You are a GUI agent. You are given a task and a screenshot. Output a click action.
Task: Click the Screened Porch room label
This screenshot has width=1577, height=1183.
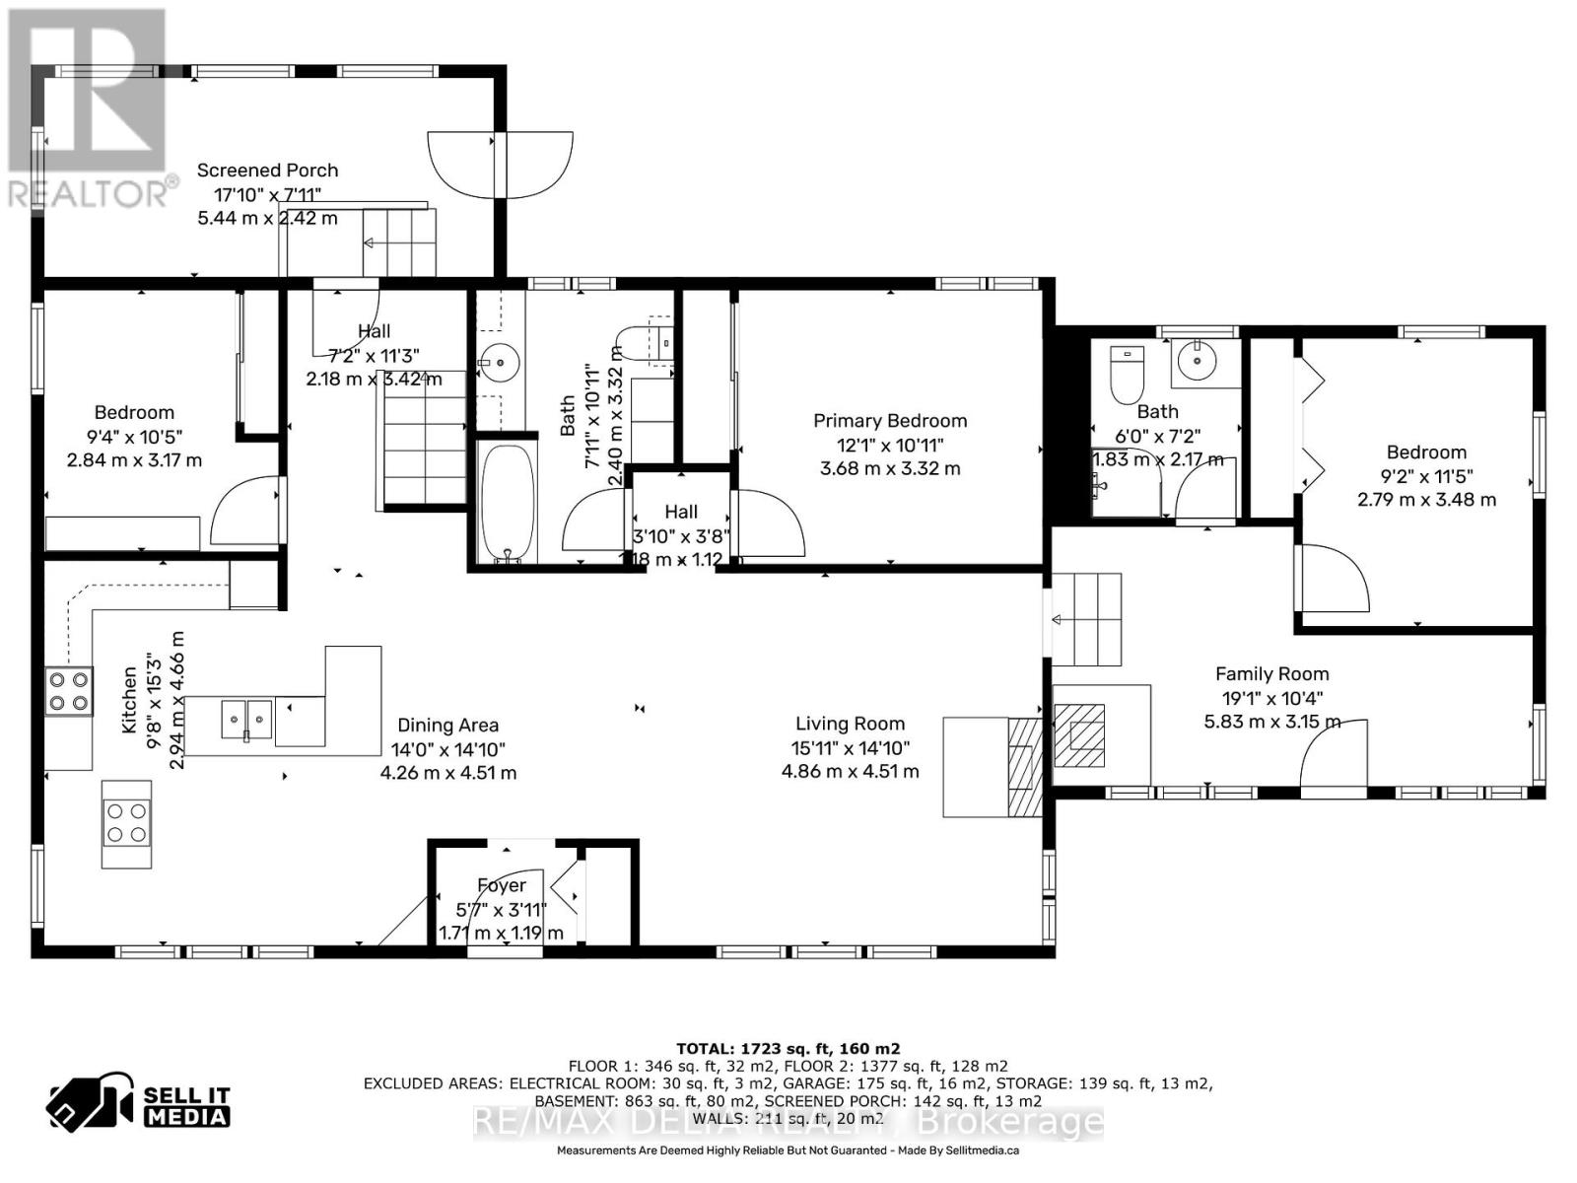click(267, 171)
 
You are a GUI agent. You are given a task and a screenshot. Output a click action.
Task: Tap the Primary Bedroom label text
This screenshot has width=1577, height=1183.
click(889, 421)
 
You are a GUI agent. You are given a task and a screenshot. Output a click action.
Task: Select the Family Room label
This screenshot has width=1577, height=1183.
click(1271, 674)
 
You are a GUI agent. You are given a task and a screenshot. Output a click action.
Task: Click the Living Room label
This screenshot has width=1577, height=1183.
click(850, 725)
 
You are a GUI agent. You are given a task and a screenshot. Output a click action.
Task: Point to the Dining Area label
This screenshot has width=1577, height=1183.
click(447, 726)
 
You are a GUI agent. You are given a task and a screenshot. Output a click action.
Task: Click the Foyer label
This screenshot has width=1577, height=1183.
click(502, 885)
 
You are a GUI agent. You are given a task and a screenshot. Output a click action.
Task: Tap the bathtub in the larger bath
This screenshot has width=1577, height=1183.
click(507, 502)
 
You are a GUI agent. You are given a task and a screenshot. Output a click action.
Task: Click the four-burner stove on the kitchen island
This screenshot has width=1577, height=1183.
click(127, 824)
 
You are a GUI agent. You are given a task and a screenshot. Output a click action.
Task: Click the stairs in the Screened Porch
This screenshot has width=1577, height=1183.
click(398, 243)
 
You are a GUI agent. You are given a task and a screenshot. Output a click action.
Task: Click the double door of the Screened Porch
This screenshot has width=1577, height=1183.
click(500, 164)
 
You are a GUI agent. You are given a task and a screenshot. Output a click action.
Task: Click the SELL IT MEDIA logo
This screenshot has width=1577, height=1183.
click(139, 1104)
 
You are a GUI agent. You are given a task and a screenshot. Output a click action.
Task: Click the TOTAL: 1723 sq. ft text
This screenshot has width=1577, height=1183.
click(788, 1049)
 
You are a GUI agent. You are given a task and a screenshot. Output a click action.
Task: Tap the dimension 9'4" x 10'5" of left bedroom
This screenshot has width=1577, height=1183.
click(134, 437)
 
